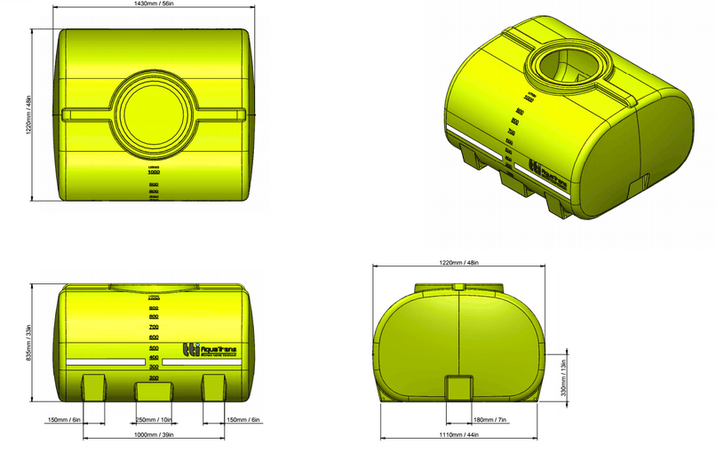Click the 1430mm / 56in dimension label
154,4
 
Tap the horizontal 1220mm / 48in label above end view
459,263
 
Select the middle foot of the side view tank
154,391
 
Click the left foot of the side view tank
95,386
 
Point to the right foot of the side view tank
213,386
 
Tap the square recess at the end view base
458,388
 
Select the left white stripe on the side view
105,362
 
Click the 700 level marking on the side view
153,327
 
